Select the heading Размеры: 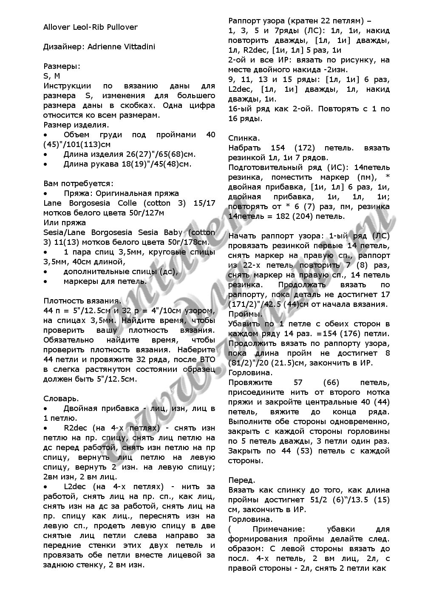(62, 66)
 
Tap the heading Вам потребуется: (78, 184)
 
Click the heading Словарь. (61, 399)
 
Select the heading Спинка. (244, 138)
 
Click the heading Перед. (242, 480)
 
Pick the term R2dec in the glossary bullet (75, 428)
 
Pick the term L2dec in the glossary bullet (75, 486)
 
